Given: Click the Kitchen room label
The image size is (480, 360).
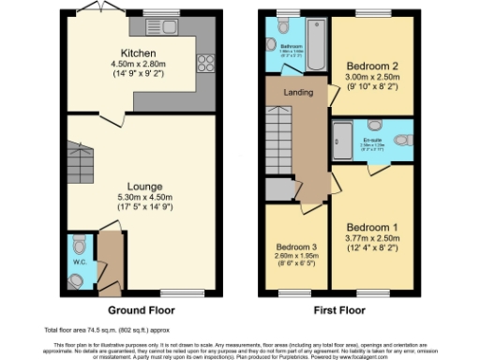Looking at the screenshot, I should coord(139,53).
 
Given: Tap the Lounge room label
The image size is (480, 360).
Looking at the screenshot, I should coord(139,187).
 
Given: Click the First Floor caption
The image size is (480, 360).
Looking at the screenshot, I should coord(339,310).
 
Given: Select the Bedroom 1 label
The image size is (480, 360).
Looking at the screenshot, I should coord(372,228).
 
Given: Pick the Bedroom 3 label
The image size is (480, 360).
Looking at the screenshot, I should coord(295,247).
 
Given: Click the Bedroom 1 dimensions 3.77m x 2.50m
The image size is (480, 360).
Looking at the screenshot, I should coord(372,239).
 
